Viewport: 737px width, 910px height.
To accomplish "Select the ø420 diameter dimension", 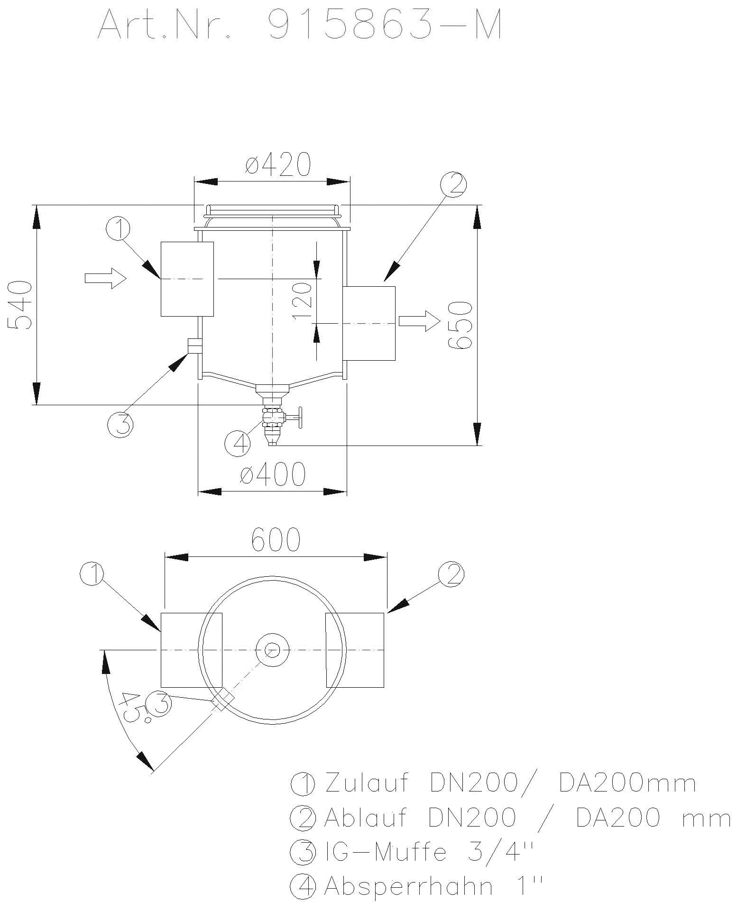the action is [x=278, y=164].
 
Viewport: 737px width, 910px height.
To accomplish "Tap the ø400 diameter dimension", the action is [x=273, y=475].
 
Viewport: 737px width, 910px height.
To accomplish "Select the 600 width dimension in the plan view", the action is [x=276, y=539].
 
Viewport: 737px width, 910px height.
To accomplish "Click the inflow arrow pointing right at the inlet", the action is [x=105, y=278].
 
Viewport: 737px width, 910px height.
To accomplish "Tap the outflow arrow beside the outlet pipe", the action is [x=419, y=321].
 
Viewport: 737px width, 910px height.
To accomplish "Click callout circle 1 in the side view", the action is [x=119, y=229].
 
